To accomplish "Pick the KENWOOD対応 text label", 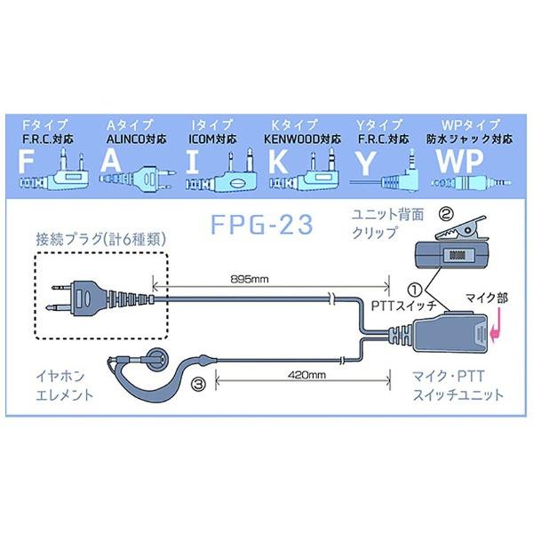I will coord(303,139).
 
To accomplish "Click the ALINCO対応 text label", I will coord(129,139).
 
